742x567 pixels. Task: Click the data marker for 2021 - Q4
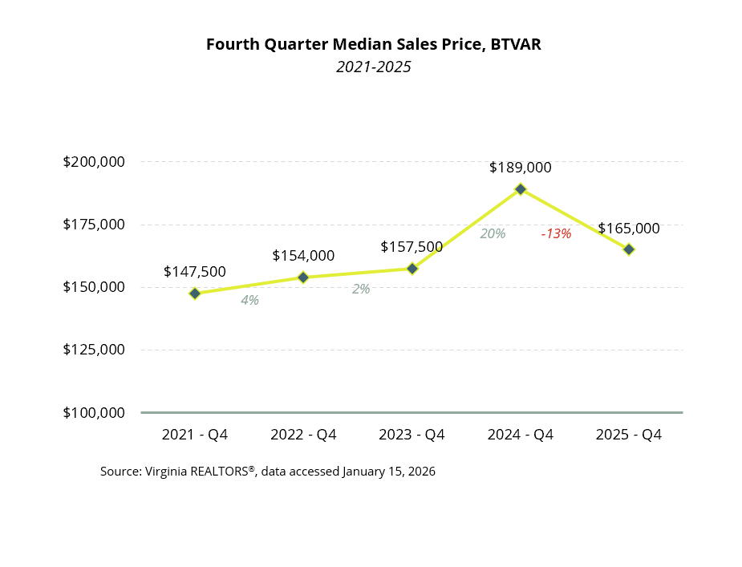point(195,294)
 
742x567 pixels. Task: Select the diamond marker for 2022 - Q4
point(303,277)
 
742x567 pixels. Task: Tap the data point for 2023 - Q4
point(412,269)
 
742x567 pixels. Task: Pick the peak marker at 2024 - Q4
point(521,189)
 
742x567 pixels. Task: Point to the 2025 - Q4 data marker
point(629,249)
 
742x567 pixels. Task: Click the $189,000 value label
point(521,168)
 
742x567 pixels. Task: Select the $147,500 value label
point(195,272)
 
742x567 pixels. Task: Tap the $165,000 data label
point(629,229)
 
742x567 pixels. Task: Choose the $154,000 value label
point(303,256)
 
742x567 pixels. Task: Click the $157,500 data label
point(412,247)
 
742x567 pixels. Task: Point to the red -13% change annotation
point(556,234)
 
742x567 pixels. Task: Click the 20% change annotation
point(493,234)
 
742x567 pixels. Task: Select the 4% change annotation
point(249,301)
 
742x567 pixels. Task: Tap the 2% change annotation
point(361,289)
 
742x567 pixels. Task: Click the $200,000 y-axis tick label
point(94,162)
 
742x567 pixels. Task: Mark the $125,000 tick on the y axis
point(94,350)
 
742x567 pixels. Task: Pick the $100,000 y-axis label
point(94,413)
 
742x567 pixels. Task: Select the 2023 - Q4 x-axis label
point(412,435)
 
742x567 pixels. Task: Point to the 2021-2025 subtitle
point(373,67)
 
